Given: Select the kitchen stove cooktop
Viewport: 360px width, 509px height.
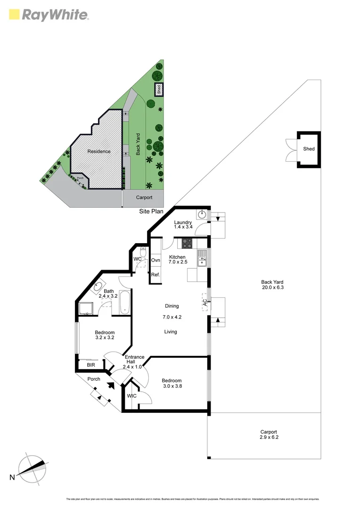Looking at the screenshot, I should click(187, 244).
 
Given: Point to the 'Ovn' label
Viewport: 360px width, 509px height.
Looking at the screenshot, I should click(155, 260).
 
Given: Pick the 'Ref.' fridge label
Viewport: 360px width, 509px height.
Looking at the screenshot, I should click(155, 275).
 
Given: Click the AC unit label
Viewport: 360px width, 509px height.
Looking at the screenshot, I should click(205, 304).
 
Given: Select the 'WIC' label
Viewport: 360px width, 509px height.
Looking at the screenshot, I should click(131, 396).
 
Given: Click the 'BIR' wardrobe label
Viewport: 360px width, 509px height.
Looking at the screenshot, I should click(91, 365).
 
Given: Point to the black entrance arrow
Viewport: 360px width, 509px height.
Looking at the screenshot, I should click(111, 385).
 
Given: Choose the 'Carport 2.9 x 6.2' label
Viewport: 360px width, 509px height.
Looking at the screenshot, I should click(269, 435).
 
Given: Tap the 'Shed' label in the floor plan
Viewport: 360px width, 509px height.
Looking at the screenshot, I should click(309, 149).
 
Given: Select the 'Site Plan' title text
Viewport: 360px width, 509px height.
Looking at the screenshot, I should click(151, 212).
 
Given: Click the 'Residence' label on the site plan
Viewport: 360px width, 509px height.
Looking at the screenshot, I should click(98, 151).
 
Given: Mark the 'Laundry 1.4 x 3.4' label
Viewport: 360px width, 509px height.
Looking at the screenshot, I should click(182, 225).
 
